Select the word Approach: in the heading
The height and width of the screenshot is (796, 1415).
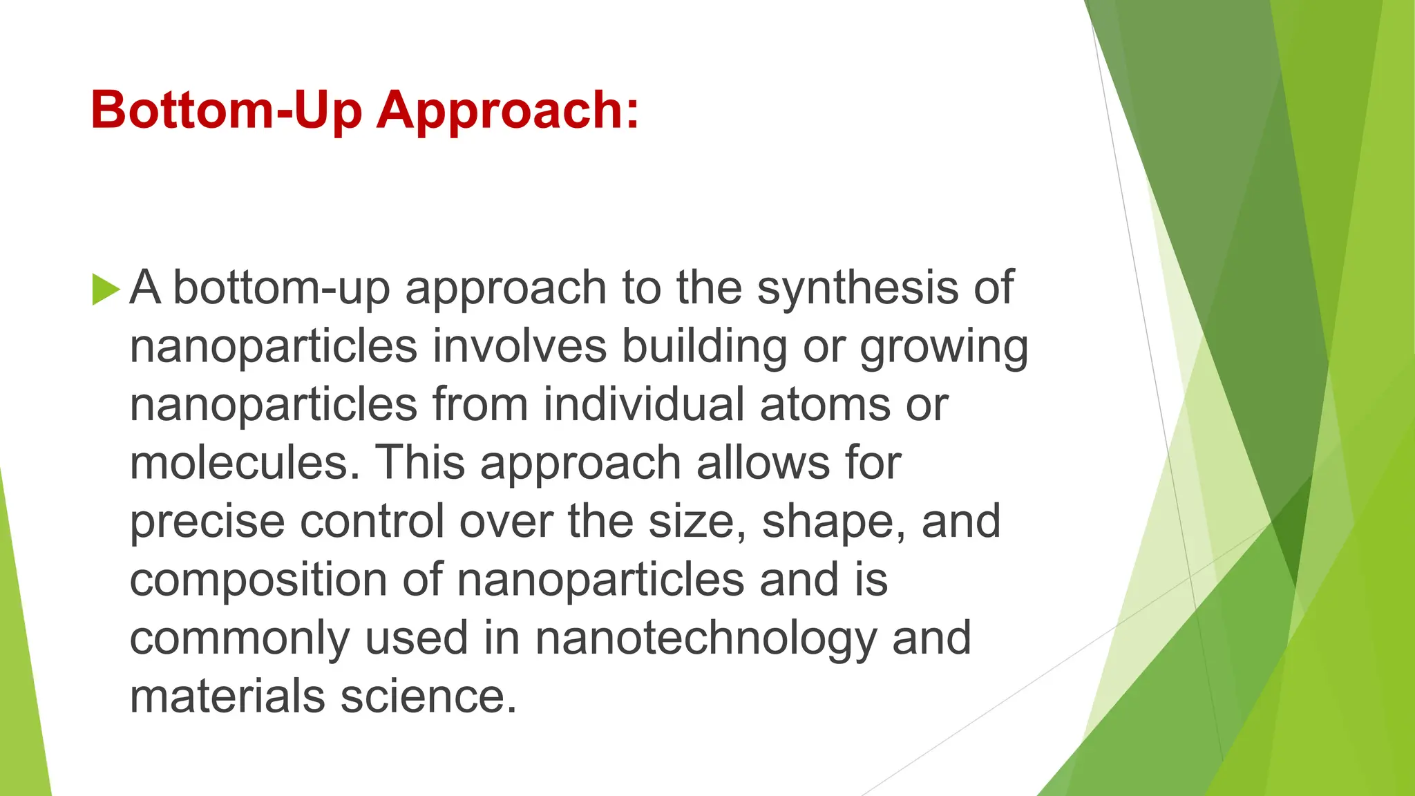(508, 111)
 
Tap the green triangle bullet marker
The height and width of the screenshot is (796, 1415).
(105, 289)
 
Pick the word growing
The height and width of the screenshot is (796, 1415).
(944, 347)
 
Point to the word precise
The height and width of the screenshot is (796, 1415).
(207, 522)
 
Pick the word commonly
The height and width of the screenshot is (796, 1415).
(240, 639)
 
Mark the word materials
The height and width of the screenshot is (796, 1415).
(227, 696)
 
